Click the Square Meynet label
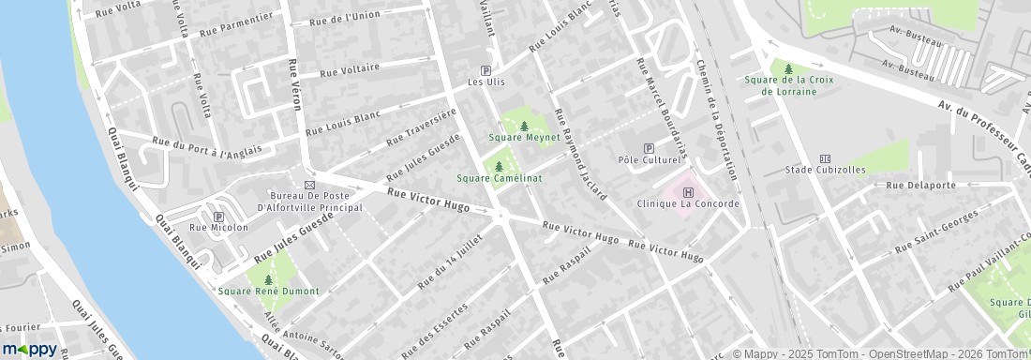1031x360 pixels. (524, 137)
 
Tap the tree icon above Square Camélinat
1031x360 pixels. (499, 166)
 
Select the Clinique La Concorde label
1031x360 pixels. (688, 203)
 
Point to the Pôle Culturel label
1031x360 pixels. (648, 160)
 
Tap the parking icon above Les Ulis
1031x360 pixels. (486, 70)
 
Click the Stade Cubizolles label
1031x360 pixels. (826, 170)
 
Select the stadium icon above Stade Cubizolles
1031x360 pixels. (825, 157)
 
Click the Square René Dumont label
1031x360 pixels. (268, 291)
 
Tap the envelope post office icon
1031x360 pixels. (309, 184)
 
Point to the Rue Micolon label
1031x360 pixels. (218, 227)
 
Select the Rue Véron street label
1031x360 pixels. (294, 84)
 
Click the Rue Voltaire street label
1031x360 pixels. (350, 69)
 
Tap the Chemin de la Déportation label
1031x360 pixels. (718, 118)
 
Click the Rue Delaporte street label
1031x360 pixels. (920, 186)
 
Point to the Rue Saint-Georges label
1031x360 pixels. (936, 231)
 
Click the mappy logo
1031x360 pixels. (29, 350)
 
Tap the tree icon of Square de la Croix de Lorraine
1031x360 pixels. (788, 68)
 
